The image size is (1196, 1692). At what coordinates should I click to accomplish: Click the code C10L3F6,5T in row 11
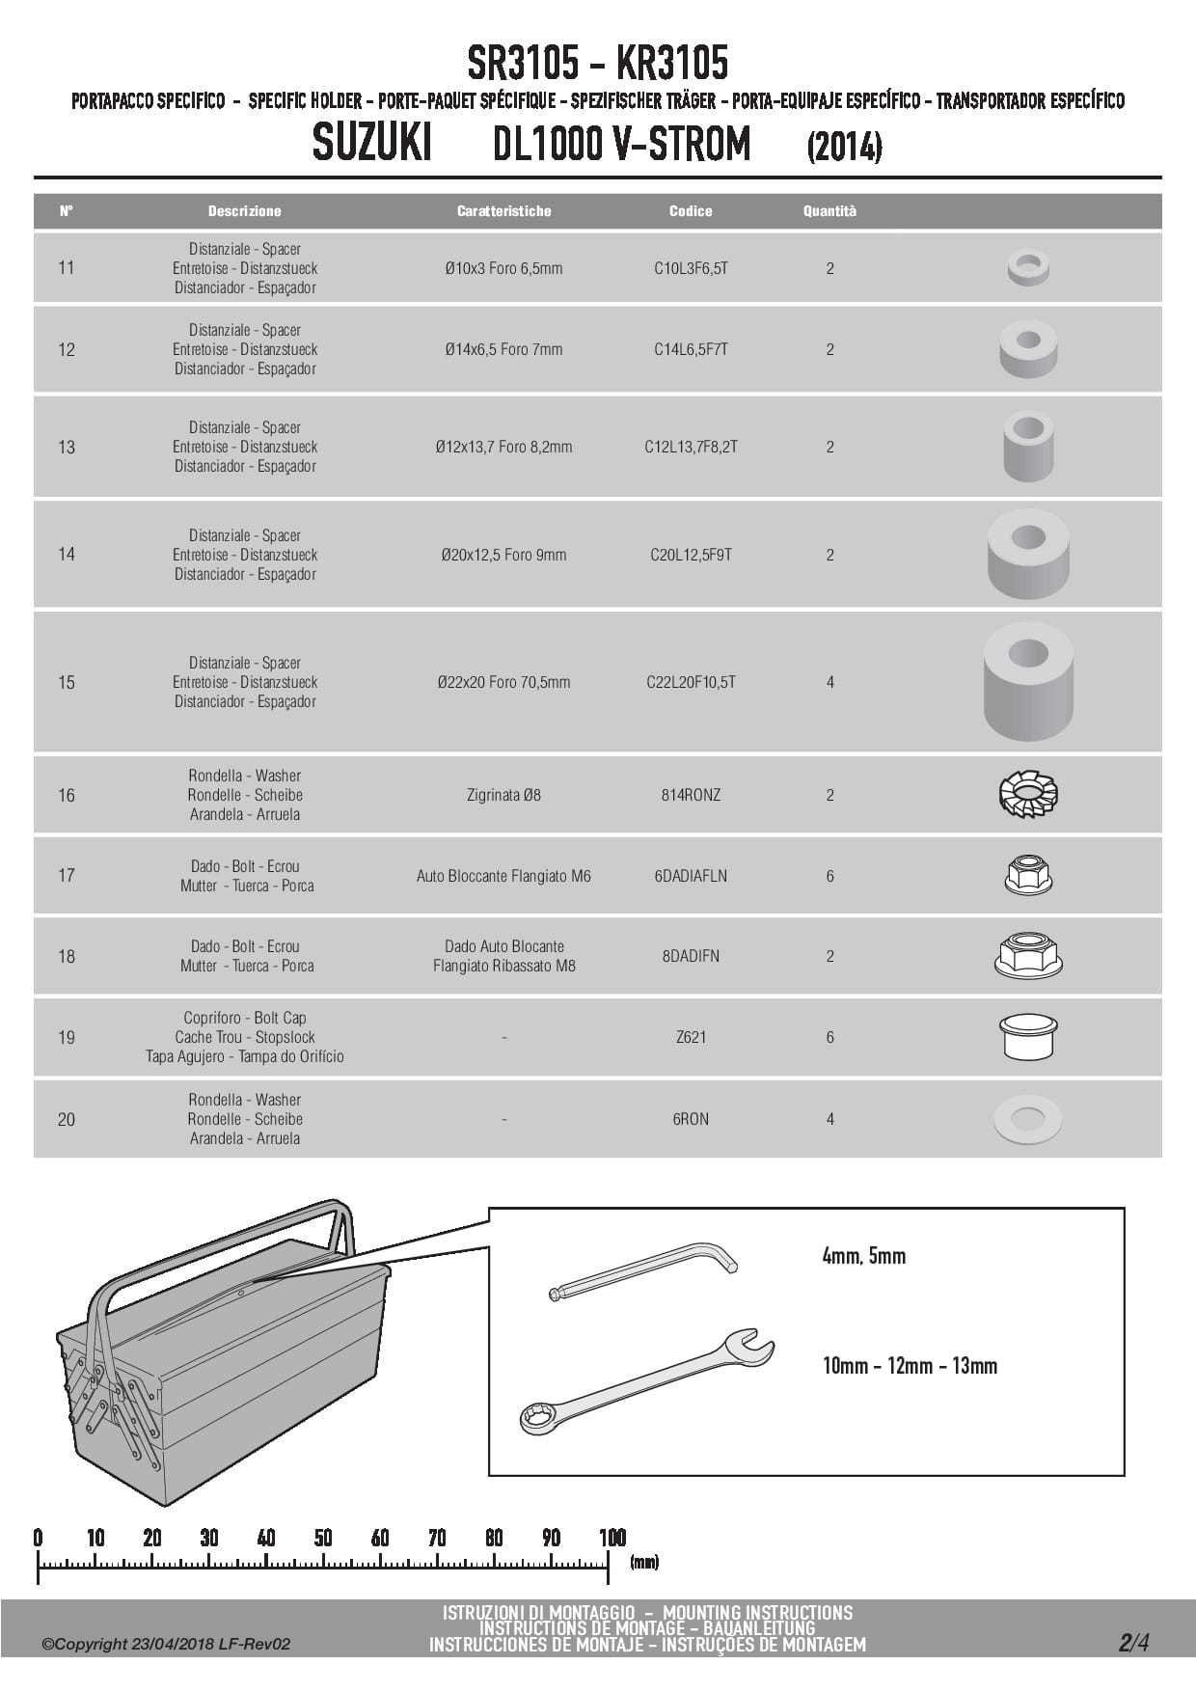tap(691, 268)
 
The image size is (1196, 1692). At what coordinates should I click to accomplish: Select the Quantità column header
tap(829, 210)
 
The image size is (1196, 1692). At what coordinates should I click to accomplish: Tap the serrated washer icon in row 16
tap(1028, 795)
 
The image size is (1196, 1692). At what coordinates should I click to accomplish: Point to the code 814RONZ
tap(691, 795)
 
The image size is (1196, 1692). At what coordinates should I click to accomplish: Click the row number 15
tap(66, 682)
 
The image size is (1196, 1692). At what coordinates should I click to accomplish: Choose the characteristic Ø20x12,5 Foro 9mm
tap(503, 555)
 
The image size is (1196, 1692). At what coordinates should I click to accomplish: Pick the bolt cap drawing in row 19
tap(1028, 1036)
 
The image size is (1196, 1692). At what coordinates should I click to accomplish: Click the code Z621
tap(691, 1037)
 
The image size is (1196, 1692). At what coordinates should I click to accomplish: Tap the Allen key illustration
tap(642, 1271)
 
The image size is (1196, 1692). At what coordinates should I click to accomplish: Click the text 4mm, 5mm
tap(863, 1256)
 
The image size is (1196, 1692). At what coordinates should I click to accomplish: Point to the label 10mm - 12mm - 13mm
tap(909, 1365)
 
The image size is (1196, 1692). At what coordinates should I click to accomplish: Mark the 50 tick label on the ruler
tap(323, 1538)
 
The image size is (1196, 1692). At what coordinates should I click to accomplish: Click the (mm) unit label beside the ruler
tap(644, 1562)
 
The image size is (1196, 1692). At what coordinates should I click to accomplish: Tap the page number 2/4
tap(1133, 1643)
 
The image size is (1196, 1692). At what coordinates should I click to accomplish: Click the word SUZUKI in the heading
tap(372, 145)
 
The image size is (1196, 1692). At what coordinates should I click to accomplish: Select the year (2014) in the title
tap(844, 148)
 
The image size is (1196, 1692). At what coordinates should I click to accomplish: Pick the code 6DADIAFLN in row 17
tap(691, 876)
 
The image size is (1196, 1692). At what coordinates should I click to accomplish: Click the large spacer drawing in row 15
tap(1028, 681)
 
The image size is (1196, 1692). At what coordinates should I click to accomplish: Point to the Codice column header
tap(691, 210)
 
